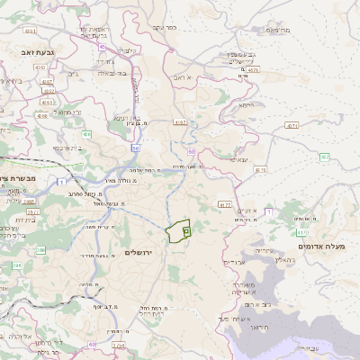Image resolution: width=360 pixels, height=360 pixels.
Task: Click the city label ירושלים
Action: pos(139,252)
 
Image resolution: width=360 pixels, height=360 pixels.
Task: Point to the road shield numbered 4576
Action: pos(254,68)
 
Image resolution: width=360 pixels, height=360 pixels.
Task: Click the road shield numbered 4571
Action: pos(292,126)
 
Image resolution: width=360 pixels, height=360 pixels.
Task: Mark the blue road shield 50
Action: pos(135,148)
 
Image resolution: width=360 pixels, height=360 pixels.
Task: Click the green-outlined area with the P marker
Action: pos(181,231)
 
